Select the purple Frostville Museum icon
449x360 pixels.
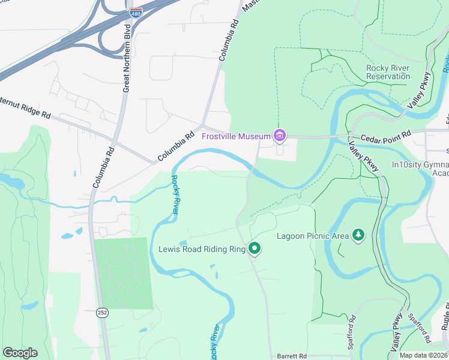coord(279,137)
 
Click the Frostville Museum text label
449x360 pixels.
coord(237,137)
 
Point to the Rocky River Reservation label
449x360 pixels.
coord(388,72)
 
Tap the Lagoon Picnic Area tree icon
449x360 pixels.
coord(358,235)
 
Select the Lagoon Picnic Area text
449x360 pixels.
coord(312,236)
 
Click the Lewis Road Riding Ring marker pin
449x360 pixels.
coord(255,248)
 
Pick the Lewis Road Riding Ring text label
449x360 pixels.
coord(201,248)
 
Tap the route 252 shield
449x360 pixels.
coord(103,312)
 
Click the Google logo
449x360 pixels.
coord(20,352)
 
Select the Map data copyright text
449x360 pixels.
coord(424,355)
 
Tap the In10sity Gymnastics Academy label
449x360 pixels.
coord(420,169)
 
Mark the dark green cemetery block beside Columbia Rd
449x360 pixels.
coord(123,273)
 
